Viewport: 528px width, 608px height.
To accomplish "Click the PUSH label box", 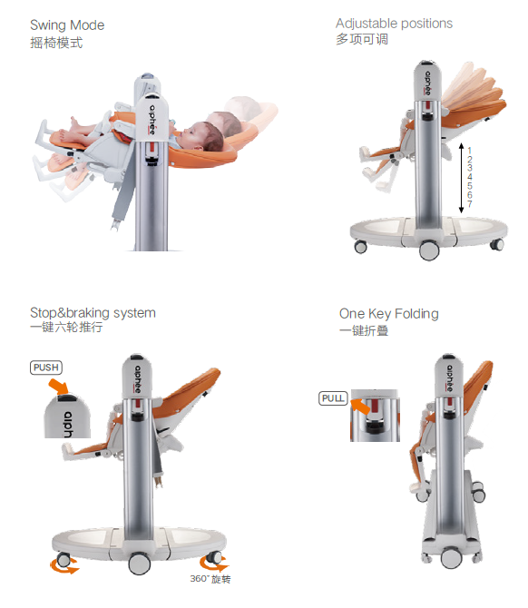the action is point(46,368).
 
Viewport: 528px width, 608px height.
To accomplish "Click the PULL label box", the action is point(333,398).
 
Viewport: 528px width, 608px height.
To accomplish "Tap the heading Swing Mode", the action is point(67,25).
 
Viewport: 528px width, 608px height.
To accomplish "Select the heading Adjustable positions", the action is point(394,24).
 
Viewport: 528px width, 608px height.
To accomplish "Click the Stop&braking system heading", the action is point(93,312).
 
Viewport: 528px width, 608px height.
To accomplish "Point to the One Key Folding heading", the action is point(389,313).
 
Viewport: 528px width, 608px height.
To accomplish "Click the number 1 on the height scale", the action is point(470,151).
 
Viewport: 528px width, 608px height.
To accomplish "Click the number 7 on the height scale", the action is point(470,204).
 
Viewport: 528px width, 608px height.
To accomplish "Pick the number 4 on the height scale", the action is point(470,177).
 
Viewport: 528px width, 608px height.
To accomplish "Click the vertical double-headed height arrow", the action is point(462,178).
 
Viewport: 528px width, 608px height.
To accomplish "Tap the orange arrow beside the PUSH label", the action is point(59,387).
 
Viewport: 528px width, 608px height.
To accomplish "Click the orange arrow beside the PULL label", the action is point(360,406).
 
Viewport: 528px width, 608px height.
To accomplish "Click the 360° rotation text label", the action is point(210,579).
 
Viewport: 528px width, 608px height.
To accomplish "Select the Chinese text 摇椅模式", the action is point(56,43).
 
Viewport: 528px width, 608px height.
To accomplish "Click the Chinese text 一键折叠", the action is point(364,330).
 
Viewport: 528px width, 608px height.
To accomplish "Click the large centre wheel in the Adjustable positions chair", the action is point(429,250).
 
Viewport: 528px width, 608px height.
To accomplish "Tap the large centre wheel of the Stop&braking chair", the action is point(139,564).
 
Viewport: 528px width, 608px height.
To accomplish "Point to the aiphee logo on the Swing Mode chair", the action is point(152,120).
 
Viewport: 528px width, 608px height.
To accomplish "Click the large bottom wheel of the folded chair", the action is point(451,558).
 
